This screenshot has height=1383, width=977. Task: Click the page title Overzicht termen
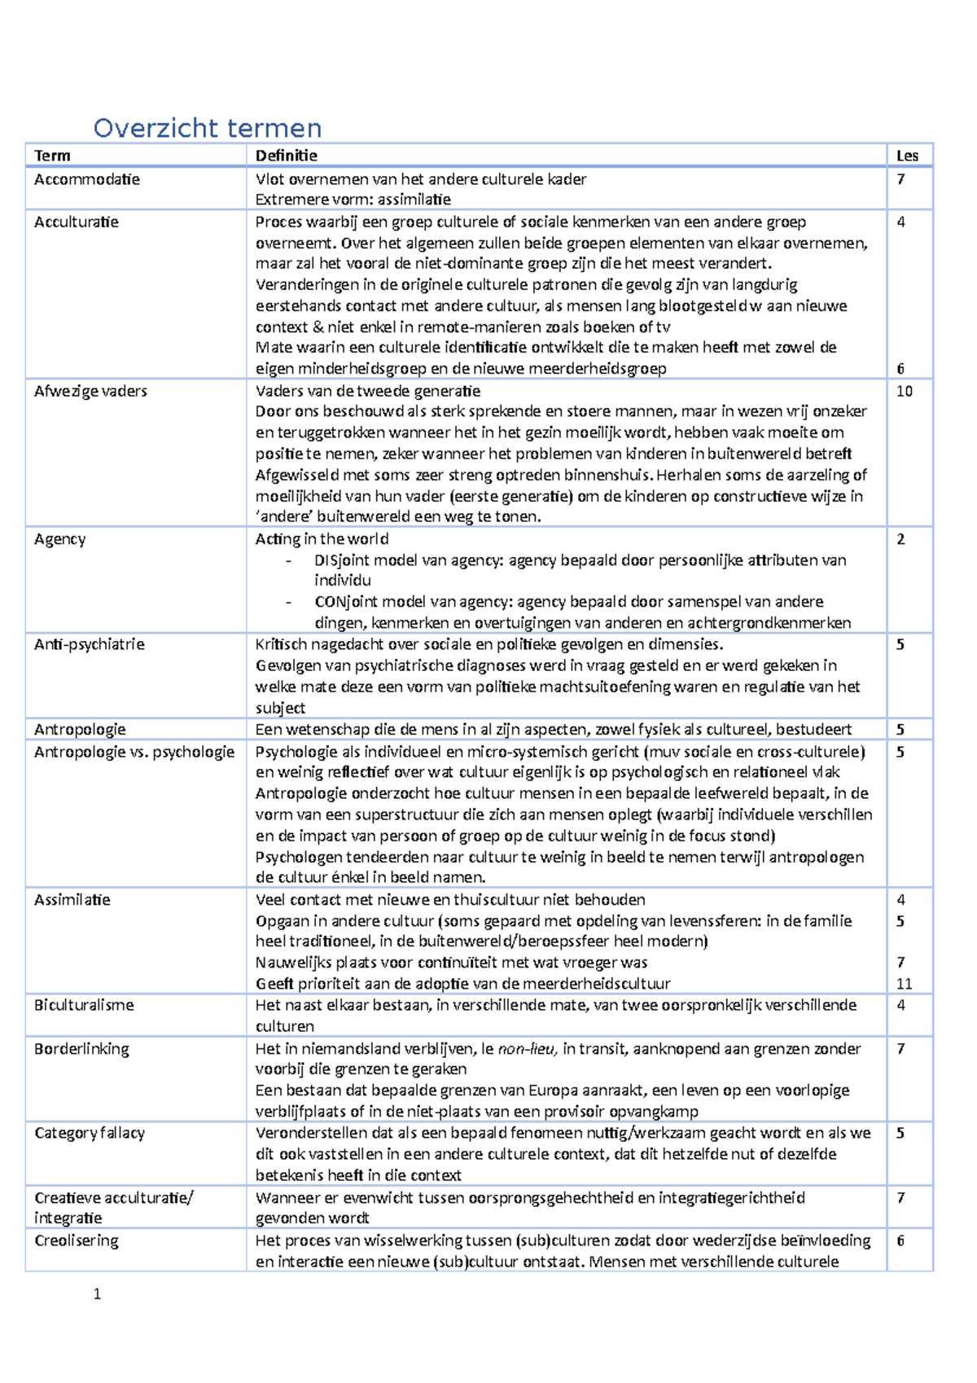(x=208, y=128)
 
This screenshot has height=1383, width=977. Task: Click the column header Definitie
(x=286, y=156)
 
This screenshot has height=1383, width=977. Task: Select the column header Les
(x=907, y=156)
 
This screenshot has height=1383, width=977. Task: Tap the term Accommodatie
(x=87, y=179)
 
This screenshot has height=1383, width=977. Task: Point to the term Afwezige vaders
(x=90, y=391)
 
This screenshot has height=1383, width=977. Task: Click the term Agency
(x=59, y=539)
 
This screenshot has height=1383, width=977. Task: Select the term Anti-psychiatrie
(x=90, y=644)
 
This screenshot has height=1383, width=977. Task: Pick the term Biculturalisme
(x=84, y=1005)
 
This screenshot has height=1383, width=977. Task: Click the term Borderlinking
(x=81, y=1049)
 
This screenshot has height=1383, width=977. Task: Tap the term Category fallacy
(x=90, y=1133)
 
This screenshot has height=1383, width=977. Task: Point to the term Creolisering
(x=77, y=1240)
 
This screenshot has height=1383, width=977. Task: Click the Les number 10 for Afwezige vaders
(x=905, y=391)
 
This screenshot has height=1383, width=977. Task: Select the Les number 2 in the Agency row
(x=900, y=539)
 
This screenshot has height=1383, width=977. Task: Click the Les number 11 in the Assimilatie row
(x=904, y=984)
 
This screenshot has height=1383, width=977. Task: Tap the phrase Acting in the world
(x=322, y=539)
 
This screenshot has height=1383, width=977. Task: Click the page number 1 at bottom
(x=97, y=1294)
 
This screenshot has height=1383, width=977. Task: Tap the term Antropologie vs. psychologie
(x=134, y=752)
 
